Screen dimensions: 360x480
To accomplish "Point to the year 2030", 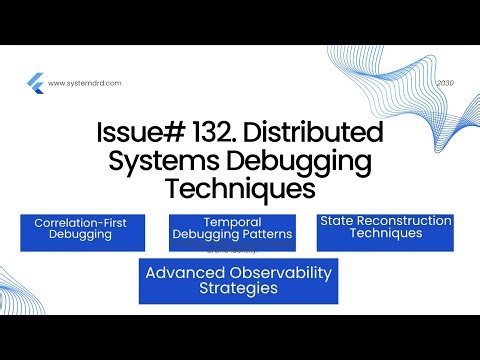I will click(x=445, y=84).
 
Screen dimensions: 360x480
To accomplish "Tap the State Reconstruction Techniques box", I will click(x=385, y=231).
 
